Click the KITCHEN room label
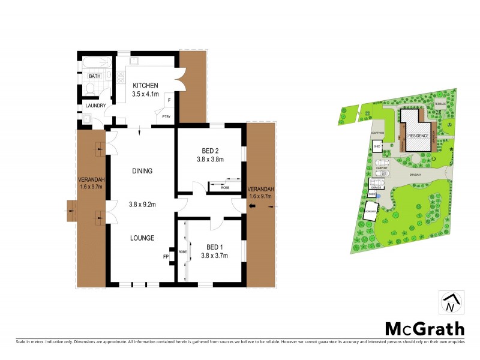click(x=146, y=85)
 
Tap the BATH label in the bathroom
click(x=95, y=76)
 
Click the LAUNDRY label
click(x=95, y=106)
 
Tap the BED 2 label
click(x=210, y=151)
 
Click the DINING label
click(x=142, y=171)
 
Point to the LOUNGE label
click(x=142, y=238)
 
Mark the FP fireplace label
click(x=166, y=257)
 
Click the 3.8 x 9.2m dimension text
click(x=142, y=205)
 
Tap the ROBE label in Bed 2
click(x=225, y=188)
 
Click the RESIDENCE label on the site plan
click(x=418, y=136)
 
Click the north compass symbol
click(x=451, y=304)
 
